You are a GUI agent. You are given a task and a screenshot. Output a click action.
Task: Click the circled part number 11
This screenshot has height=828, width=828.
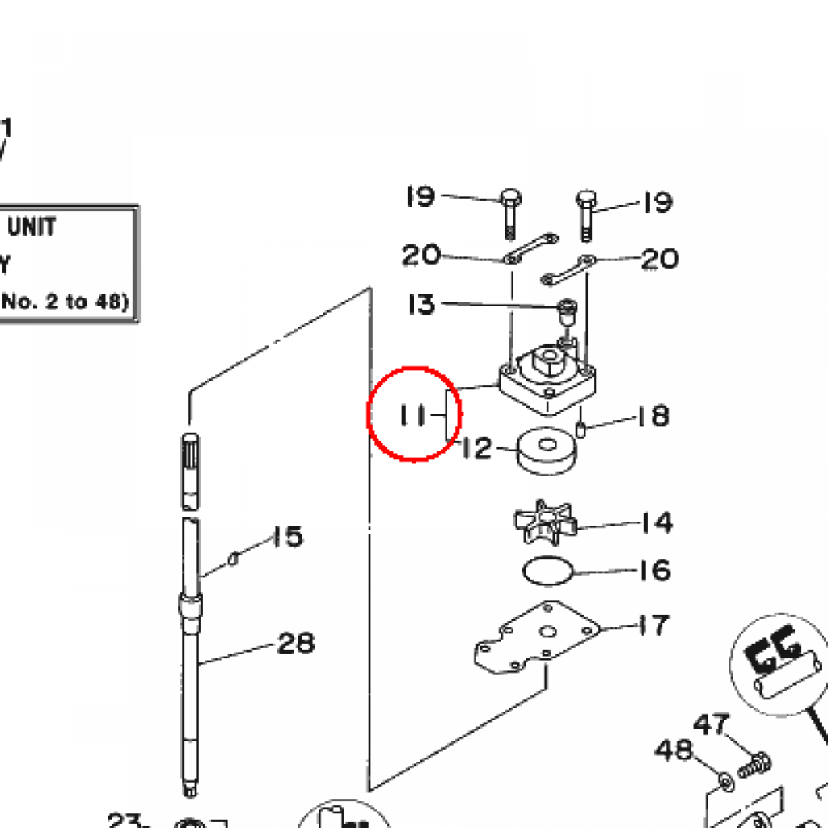(412, 416)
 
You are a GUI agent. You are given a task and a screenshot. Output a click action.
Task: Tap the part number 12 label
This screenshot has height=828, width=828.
(477, 448)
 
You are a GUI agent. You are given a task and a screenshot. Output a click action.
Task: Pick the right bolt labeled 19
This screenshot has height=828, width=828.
(586, 214)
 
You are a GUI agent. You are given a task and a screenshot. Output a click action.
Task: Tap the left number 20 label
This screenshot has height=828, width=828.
(421, 256)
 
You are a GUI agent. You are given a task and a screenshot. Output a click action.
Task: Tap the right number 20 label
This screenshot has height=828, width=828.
(660, 259)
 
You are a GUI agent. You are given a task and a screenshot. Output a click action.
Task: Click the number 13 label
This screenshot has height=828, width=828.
(421, 305)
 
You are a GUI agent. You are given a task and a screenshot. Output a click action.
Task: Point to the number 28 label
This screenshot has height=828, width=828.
(296, 644)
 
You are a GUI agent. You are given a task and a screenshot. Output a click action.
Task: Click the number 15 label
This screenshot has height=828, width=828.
(286, 536)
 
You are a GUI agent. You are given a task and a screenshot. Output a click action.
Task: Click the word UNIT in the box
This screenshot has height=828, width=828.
(32, 226)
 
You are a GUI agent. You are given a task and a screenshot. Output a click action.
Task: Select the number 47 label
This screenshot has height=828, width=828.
(712, 724)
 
